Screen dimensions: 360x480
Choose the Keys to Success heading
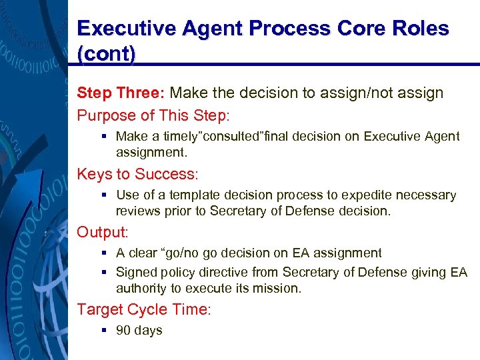137,174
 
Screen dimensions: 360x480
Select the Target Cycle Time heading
144,309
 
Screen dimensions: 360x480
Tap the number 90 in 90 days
123,331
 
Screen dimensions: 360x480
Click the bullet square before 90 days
105,331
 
